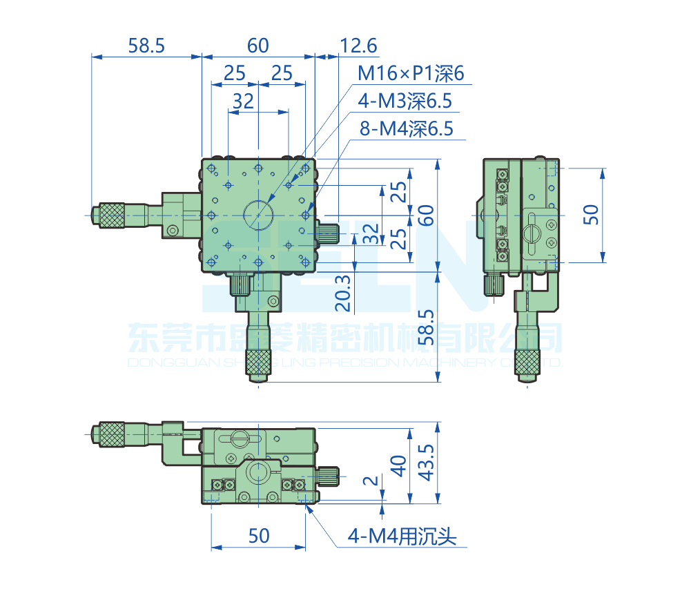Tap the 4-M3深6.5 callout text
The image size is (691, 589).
(405, 102)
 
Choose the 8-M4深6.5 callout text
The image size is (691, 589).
(406, 128)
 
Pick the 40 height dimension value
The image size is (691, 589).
(398, 465)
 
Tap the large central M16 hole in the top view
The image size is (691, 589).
(257, 215)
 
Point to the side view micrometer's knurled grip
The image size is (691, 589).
(527, 363)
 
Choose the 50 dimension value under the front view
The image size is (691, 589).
(258, 536)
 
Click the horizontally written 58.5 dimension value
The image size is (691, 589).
(146, 46)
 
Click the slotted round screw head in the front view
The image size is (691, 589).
(240, 438)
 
